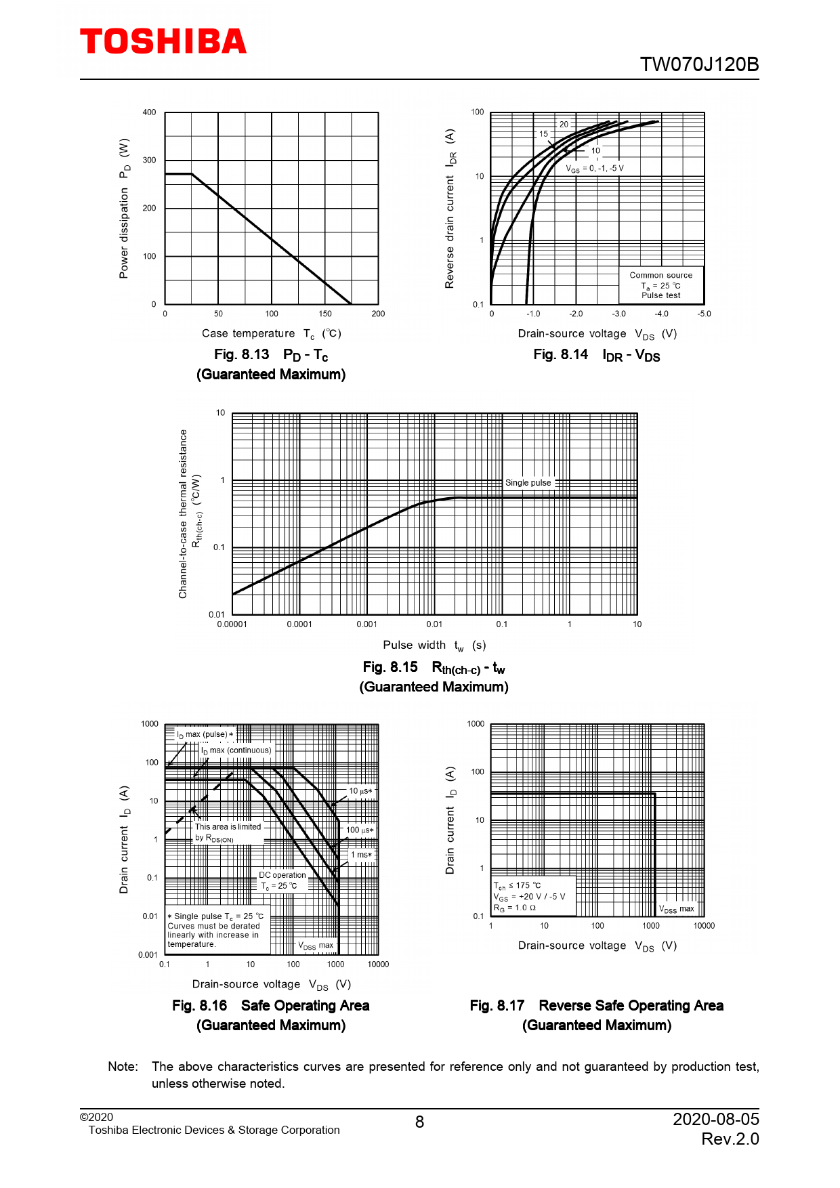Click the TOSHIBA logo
[163, 41]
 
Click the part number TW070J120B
[699, 65]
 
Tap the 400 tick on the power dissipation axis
[149, 112]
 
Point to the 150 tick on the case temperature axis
[325, 314]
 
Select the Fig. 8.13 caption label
[242, 355]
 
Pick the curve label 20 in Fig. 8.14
[564, 125]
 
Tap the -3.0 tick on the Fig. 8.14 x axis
[618, 314]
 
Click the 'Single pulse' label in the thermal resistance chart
[528, 483]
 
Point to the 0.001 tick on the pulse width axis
[366, 624]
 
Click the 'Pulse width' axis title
[414, 645]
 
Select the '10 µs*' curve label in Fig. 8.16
[360, 791]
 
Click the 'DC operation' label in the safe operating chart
[282, 875]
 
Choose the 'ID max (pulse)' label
[205, 735]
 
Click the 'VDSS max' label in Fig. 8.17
[677, 910]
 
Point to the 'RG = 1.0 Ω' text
[515, 908]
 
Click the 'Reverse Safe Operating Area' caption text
[631, 1006]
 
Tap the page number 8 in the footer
[419, 1122]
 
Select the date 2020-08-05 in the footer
[715, 1119]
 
